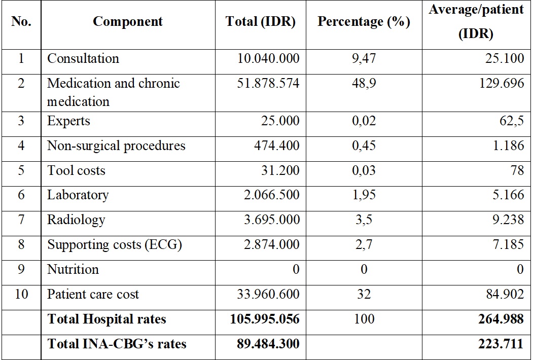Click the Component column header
click(127, 21)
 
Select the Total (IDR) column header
click(260, 21)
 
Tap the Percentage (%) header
click(364, 21)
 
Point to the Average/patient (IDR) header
click(476, 21)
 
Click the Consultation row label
click(83, 58)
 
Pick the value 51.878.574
click(268, 83)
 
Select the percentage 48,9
click(364, 84)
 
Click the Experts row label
click(68, 121)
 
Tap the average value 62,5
click(512, 121)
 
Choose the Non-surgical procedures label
click(116, 146)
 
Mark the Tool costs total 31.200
click(280, 170)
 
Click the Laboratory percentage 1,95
click(364, 195)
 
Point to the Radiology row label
click(76, 220)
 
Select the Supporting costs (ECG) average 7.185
click(508, 244)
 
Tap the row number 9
click(21, 269)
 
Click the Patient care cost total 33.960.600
click(268, 294)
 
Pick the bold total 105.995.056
click(265, 319)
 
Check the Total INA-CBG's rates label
click(117, 344)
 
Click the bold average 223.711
click(501, 344)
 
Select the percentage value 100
click(364, 319)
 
